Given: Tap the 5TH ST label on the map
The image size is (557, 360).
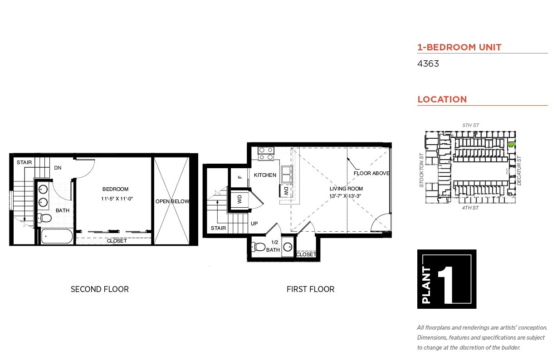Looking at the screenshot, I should pyautogui.click(x=470, y=125).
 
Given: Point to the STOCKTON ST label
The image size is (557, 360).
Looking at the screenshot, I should pyautogui.click(x=421, y=170).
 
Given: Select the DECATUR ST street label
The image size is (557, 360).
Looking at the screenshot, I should pyautogui.click(x=520, y=170).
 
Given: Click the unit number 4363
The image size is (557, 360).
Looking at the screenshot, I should pyautogui.click(x=428, y=64).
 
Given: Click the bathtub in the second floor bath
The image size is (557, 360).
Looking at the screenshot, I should pyautogui.click(x=57, y=236).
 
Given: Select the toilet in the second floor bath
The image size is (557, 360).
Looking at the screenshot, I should pyautogui.click(x=45, y=219).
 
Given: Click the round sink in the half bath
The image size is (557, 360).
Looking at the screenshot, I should pyautogui.click(x=288, y=248).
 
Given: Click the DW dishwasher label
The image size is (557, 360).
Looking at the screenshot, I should pyautogui.click(x=286, y=191).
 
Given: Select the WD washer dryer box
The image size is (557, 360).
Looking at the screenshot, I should pyautogui.click(x=239, y=199).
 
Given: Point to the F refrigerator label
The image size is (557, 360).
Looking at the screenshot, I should pyautogui.click(x=240, y=177).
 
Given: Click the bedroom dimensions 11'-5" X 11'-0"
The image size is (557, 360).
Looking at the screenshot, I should pyautogui.click(x=116, y=199).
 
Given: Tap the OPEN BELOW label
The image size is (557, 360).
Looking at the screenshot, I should pyautogui.click(x=172, y=201).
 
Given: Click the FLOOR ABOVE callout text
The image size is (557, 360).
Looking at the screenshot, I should pyautogui.click(x=371, y=173).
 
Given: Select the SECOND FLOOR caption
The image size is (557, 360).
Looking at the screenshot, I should pyautogui.click(x=99, y=289).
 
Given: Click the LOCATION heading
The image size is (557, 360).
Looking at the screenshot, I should pyautogui.click(x=442, y=99).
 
